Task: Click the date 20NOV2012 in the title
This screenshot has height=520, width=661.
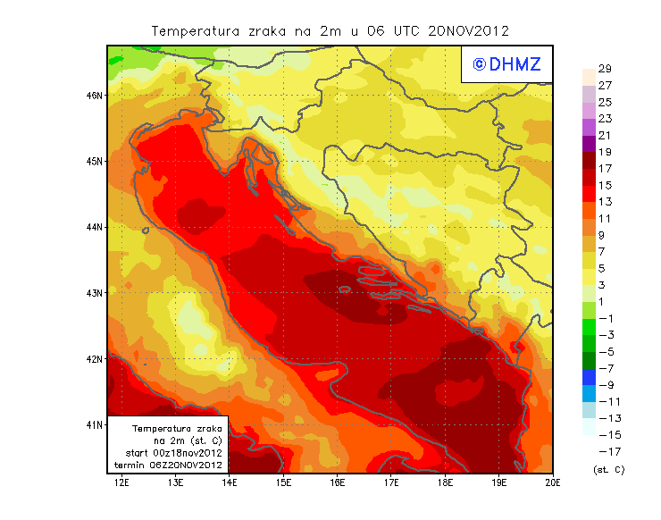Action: [x=468, y=30]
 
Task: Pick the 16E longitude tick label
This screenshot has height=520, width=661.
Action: [x=338, y=482]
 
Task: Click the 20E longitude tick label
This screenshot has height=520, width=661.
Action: [x=553, y=482]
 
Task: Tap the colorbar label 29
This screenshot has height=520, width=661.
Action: [x=605, y=69]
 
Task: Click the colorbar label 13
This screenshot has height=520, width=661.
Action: [x=605, y=202]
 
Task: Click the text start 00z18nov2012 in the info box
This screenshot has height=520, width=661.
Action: [x=173, y=454]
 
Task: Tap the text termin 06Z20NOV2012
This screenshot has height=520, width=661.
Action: [x=173, y=465]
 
